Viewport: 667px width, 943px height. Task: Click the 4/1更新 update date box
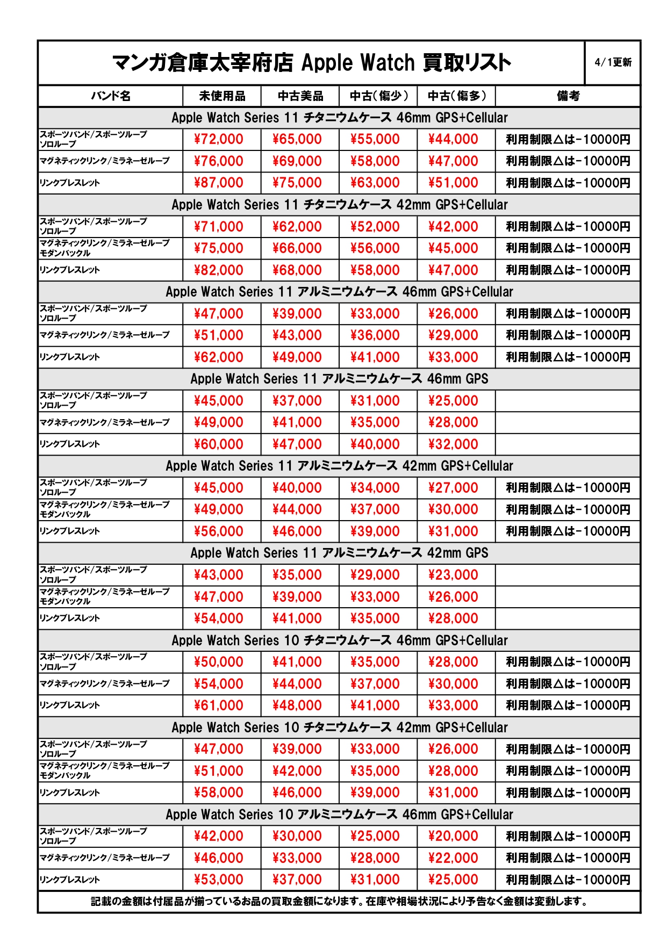(x=613, y=62)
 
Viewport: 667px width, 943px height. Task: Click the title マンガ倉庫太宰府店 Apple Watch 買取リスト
(x=311, y=63)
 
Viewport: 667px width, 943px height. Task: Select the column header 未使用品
(x=222, y=96)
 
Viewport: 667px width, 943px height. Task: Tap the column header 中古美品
(x=300, y=96)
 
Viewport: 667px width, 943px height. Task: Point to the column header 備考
(x=568, y=96)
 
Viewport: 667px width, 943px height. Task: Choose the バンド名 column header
(x=111, y=96)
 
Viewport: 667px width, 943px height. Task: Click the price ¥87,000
(x=219, y=183)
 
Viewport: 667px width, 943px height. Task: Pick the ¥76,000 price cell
(x=219, y=161)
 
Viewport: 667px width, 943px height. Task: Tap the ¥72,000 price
(x=219, y=139)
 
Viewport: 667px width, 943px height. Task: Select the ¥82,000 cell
(x=219, y=270)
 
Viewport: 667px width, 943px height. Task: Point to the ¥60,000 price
(x=219, y=444)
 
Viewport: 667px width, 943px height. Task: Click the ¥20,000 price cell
(x=453, y=836)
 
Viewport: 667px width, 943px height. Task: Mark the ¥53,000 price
(x=219, y=880)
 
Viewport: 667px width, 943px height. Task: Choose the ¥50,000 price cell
(x=219, y=662)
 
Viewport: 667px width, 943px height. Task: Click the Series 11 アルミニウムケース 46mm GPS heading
(x=339, y=379)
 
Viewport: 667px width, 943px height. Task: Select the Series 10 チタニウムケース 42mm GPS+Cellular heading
(x=339, y=728)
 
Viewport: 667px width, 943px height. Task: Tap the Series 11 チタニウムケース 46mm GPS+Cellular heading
(x=339, y=118)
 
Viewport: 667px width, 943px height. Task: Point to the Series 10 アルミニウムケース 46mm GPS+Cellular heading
(x=339, y=815)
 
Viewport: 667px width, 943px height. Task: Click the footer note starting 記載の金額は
(x=339, y=902)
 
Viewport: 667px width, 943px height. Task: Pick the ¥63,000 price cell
(x=375, y=183)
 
